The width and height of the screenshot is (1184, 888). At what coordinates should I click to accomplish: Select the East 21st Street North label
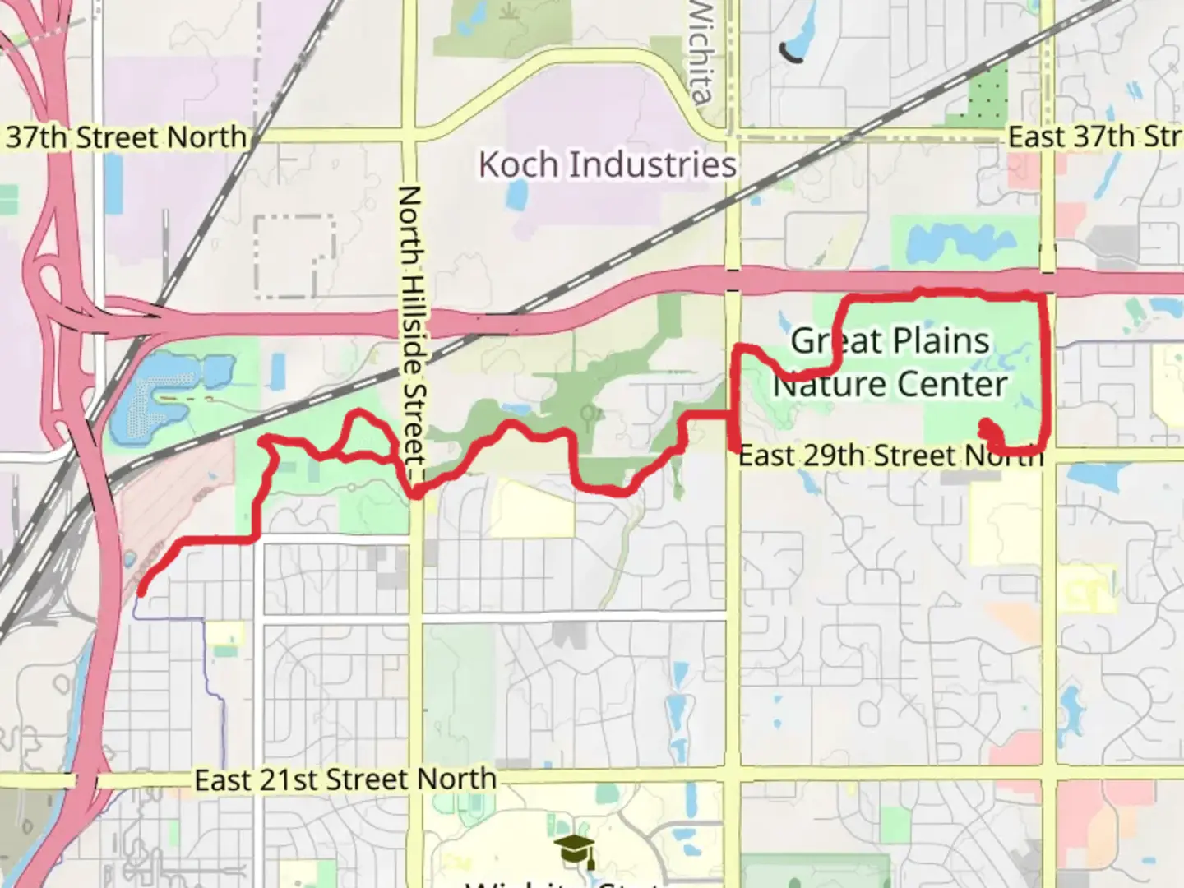(x=345, y=779)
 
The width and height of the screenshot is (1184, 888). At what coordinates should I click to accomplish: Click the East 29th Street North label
(x=890, y=455)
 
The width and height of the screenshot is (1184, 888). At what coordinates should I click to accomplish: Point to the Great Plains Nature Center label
(x=890, y=362)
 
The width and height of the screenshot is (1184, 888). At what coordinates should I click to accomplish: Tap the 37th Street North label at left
(x=125, y=136)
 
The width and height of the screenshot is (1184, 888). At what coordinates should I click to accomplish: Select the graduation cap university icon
(x=574, y=850)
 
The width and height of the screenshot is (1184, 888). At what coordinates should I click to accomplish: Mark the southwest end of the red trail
(x=142, y=590)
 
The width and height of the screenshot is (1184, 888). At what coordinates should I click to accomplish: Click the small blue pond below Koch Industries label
(x=518, y=195)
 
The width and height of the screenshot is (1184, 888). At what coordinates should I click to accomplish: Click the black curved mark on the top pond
(x=791, y=54)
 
